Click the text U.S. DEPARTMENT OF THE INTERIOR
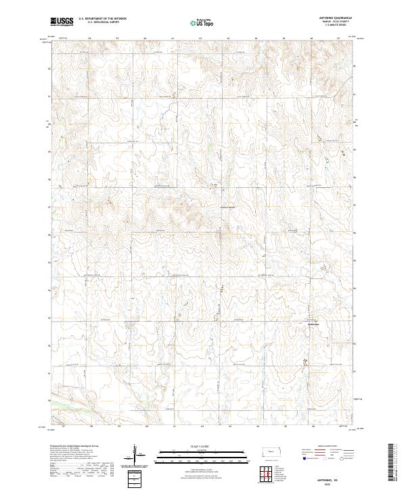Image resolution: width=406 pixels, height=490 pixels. click(x=102, y=19)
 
